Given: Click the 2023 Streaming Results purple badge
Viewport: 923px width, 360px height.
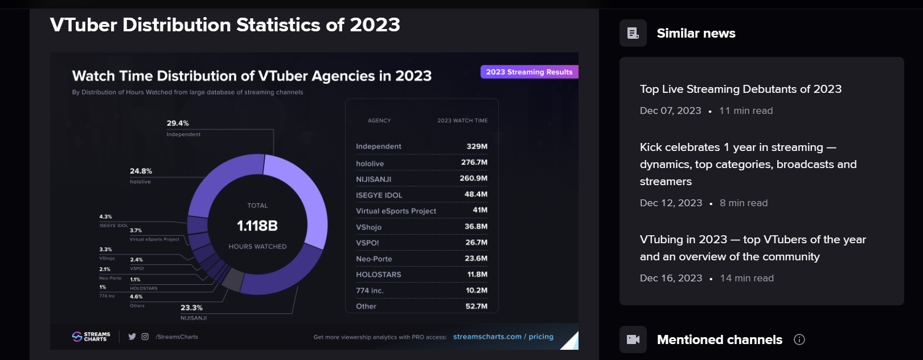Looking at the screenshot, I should [x=529, y=72].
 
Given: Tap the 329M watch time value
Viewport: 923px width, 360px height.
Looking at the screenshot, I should [x=477, y=146].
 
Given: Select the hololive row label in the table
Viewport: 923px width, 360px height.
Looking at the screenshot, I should [x=370, y=163].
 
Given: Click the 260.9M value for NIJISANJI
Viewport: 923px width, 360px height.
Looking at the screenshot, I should [x=473, y=178].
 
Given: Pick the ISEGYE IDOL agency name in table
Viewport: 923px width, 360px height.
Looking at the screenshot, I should [x=379, y=195].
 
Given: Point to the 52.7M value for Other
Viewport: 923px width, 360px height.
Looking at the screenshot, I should [x=476, y=306].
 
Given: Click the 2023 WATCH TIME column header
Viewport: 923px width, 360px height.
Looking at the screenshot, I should [x=462, y=121].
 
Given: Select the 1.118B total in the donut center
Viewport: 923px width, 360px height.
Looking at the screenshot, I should [x=257, y=226].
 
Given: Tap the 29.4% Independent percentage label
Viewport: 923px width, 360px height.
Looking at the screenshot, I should [x=178, y=123].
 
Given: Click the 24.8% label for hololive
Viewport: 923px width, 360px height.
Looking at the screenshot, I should [x=141, y=171].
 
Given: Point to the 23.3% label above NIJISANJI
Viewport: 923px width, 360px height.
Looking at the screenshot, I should [x=191, y=308].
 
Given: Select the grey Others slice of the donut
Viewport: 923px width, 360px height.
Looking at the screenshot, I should [x=233, y=279].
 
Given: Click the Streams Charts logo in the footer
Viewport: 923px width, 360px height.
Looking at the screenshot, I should [x=91, y=337].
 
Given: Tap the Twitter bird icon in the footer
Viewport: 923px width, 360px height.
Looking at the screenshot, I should [x=132, y=337].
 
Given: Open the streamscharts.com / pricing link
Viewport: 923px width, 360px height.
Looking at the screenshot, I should [x=503, y=337].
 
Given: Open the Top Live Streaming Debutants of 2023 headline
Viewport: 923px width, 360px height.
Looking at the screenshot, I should [x=740, y=89].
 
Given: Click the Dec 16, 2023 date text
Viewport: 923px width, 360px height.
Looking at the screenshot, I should [x=671, y=278].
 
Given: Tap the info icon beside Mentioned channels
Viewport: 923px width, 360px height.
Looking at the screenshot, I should [x=799, y=339].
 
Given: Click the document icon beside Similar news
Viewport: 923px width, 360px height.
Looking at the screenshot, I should [x=633, y=33].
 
